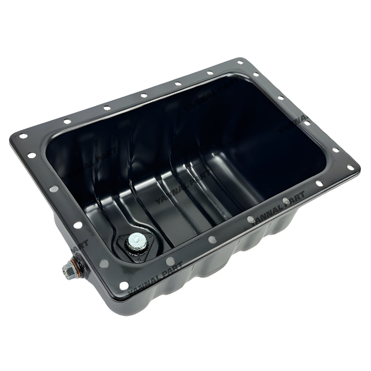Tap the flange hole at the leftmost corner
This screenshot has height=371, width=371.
coord(23,136)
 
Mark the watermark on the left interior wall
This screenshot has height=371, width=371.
coord(89,163)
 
